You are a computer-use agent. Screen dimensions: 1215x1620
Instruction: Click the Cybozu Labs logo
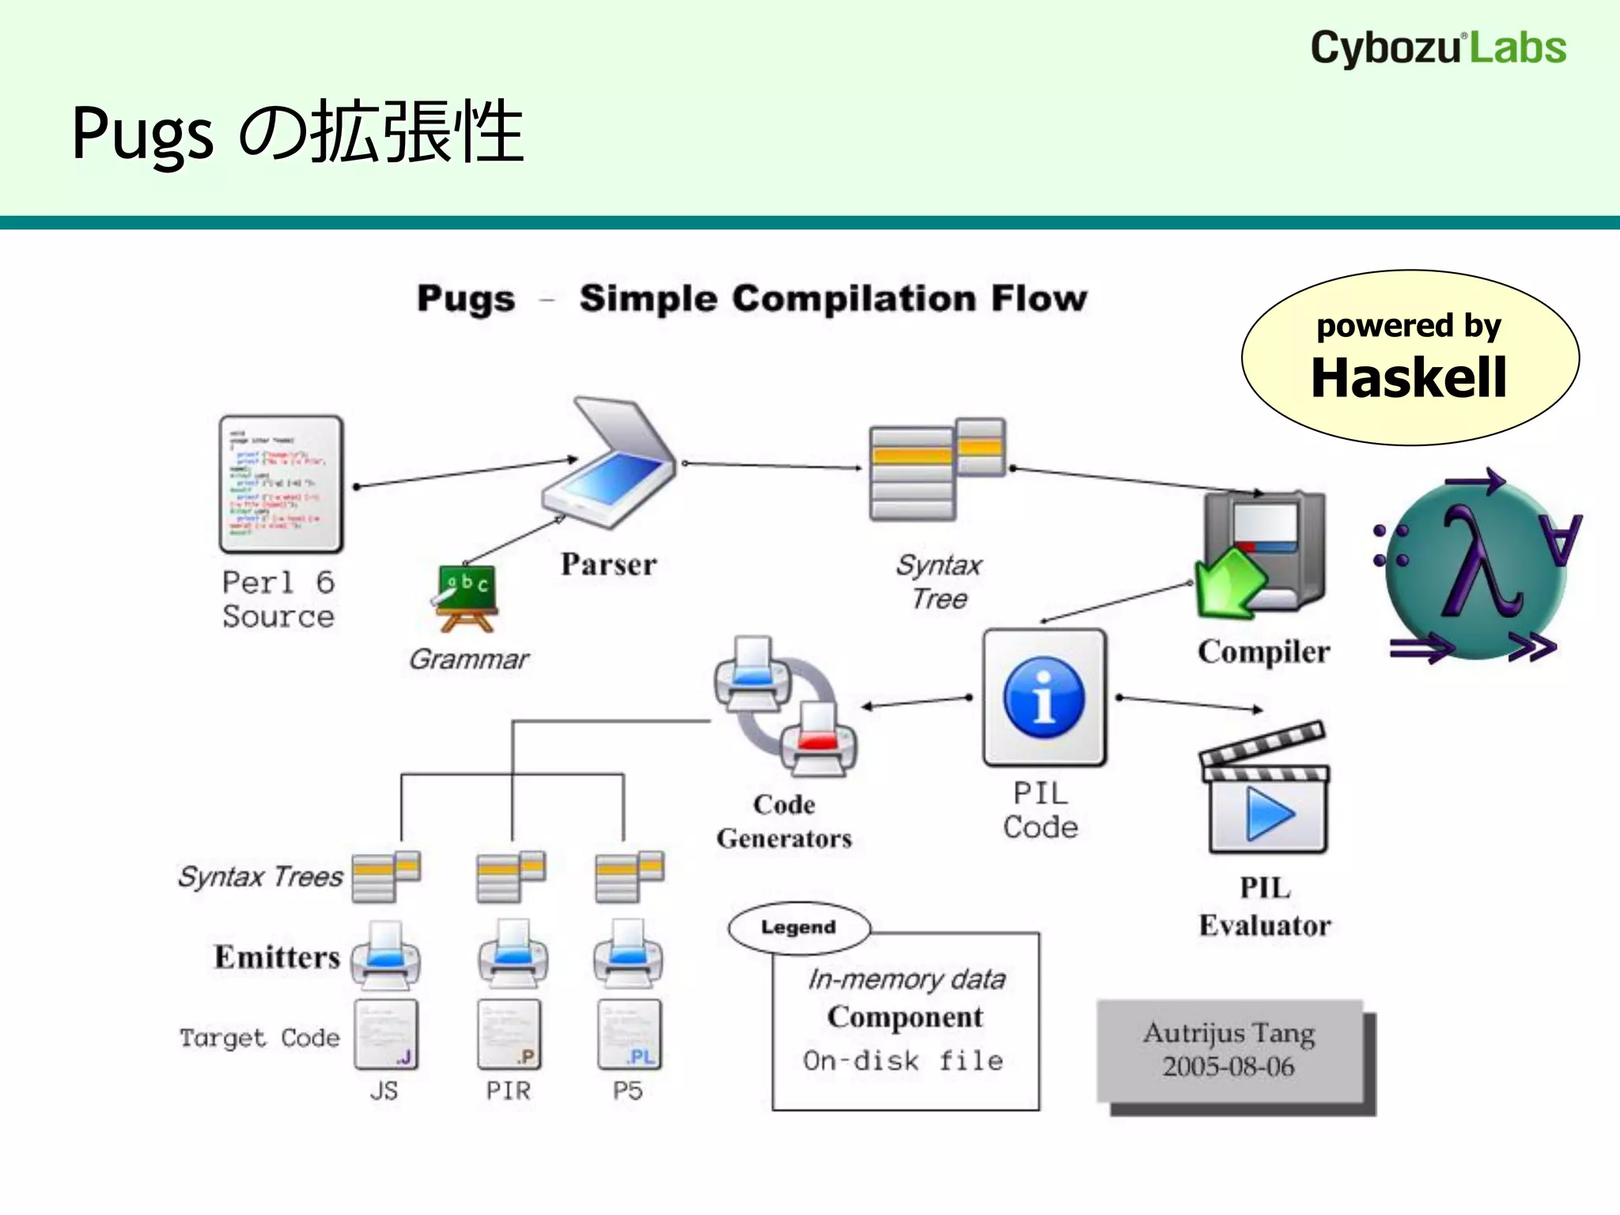(1438, 47)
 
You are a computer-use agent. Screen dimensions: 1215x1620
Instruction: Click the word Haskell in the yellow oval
(1409, 377)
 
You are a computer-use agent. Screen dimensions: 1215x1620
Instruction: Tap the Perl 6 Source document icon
(281, 484)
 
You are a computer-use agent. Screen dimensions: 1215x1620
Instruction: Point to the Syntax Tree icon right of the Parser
(937, 468)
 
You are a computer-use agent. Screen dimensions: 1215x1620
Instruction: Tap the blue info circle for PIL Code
(1043, 698)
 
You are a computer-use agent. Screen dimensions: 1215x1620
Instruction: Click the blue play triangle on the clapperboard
(1268, 815)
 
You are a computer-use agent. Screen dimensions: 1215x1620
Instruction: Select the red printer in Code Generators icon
(818, 740)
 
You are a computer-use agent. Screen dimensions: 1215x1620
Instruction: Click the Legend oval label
(798, 927)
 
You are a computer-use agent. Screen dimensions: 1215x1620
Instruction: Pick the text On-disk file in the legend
(903, 1060)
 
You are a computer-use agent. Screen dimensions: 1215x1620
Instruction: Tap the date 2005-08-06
(1228, 1067)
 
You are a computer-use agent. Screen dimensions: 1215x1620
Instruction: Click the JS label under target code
(384, 1091)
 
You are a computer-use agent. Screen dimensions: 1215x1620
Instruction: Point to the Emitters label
(277, 957)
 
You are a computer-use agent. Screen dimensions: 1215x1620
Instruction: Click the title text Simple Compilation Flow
(833, 299)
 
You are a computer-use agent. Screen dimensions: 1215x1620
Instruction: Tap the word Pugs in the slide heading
(142, 133)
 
